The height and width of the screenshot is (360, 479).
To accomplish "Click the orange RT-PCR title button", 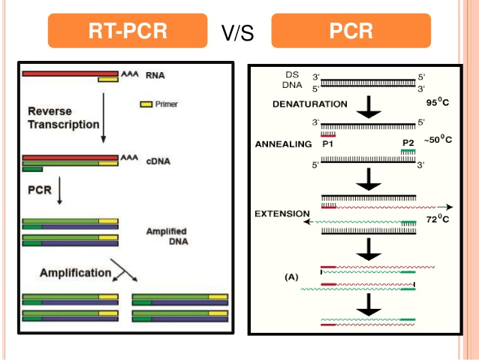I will pos(127,31).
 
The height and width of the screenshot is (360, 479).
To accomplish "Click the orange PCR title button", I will pos(351,31).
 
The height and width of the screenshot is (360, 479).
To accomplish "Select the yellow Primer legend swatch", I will pos(146,104).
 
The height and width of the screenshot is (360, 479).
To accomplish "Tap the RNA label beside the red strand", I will pos(155,76).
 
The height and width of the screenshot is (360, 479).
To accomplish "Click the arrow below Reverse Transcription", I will pos(103,120).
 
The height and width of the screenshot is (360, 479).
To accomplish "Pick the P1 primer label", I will pos(327,141).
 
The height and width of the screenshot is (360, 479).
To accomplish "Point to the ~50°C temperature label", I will pos(437,141).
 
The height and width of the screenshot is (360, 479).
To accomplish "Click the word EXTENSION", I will pos(282,213).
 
